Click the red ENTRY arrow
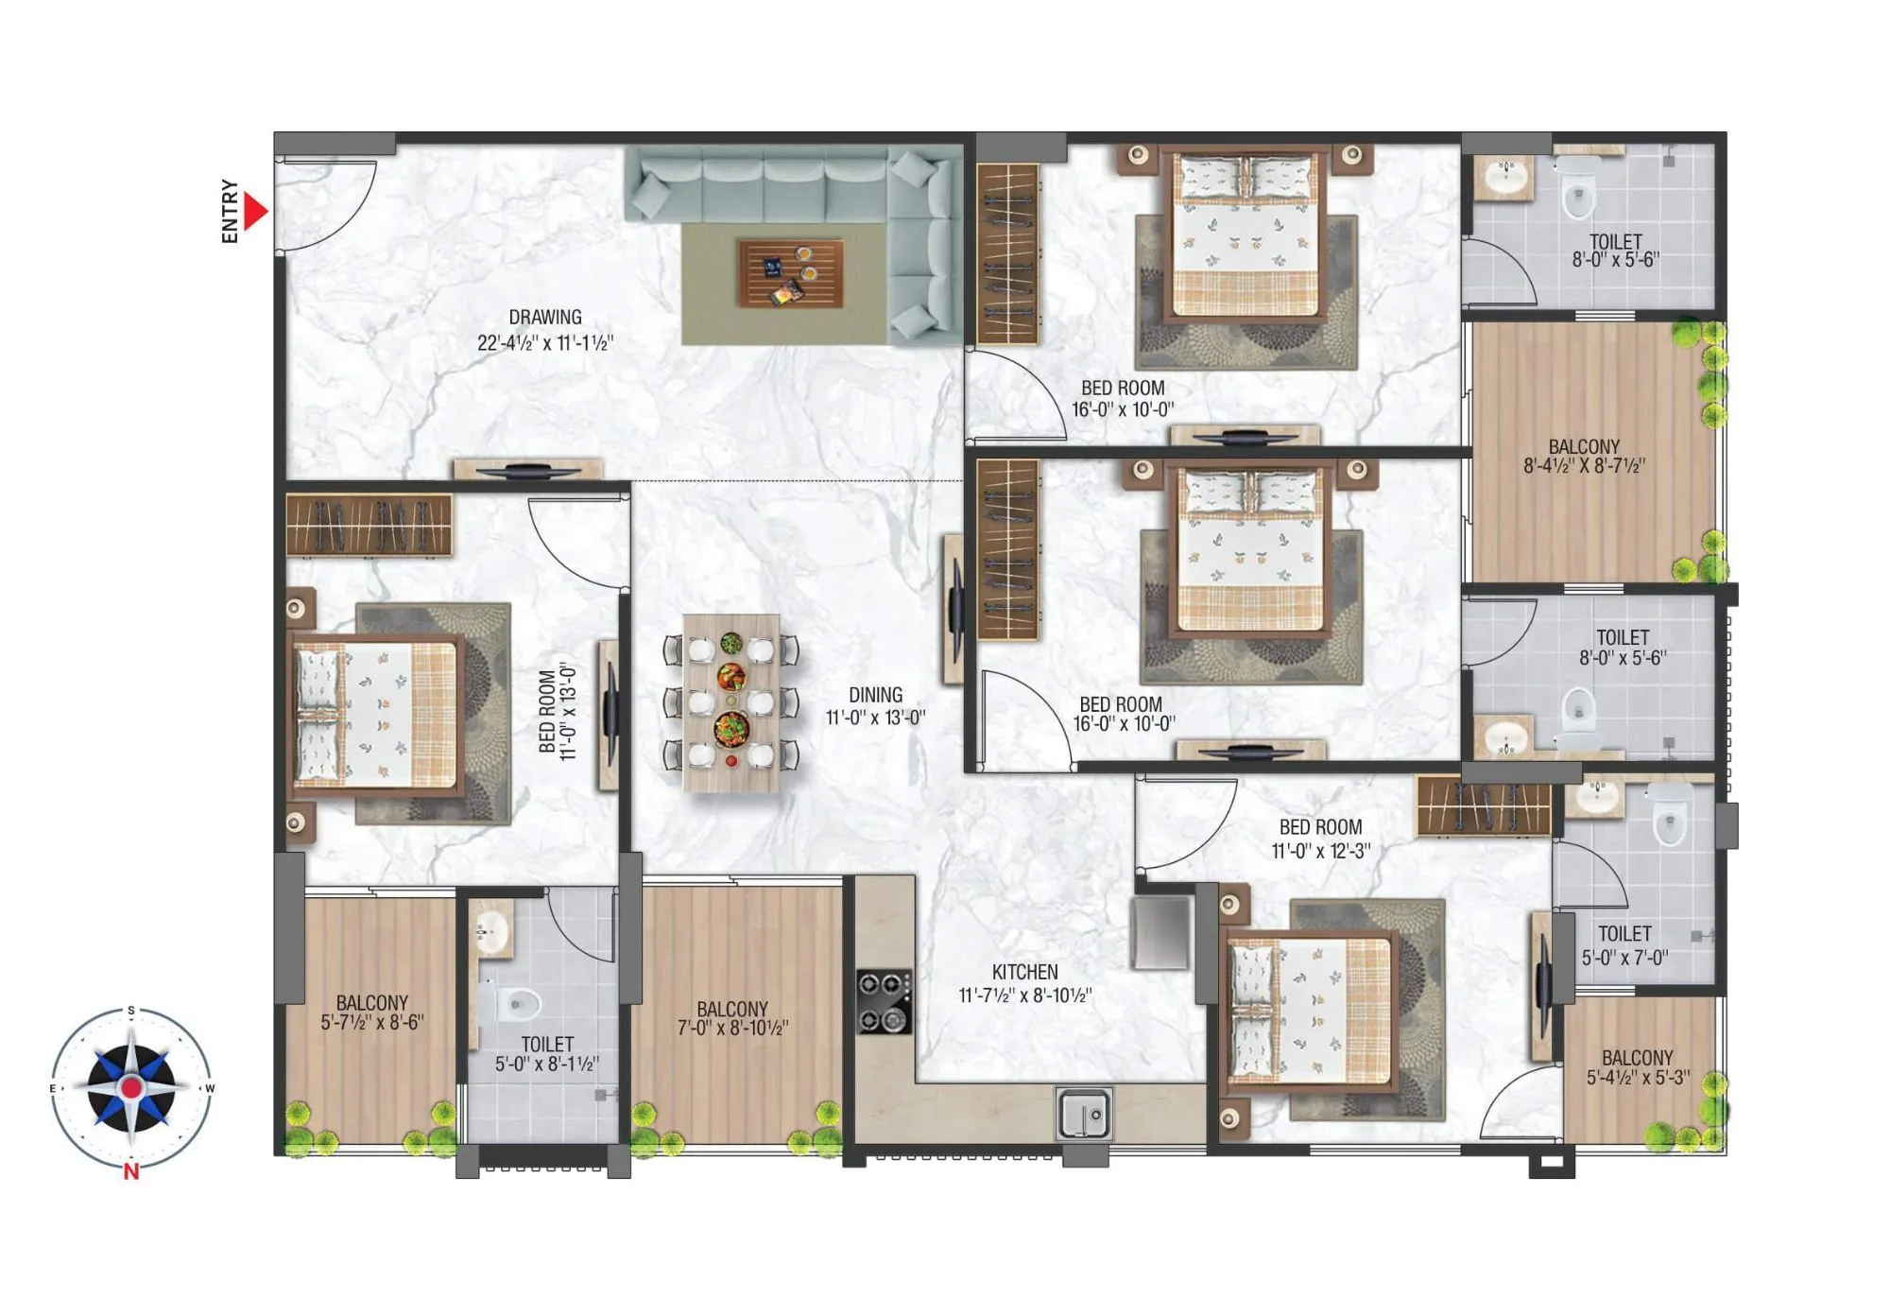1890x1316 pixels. pyautogui.click(x=254, y=211)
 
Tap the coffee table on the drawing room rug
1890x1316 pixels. pyautogui.click(x=790, y=273)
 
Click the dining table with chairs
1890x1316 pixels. pyautogui.click(x=731, y=702)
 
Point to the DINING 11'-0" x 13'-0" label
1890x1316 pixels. pyautogui.click(x=875, y=706)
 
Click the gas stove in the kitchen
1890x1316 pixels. pyautogui.click(x=884, y=1001)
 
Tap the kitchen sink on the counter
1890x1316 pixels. pyautogui.click(x=1084, y=1114)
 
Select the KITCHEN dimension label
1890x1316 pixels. pyautogui.click(x=1025, y=983)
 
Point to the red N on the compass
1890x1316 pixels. pyautogui.click(x=131, y=1172)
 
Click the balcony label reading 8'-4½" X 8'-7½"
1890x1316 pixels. pyautogui.click(x=1584, y=456)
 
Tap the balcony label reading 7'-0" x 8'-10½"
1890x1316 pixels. pyautogui.click(x=732, y=1018)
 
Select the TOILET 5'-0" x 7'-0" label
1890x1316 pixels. pyautogui.click(x=1624, y=945)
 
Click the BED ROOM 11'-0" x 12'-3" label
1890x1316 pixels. pyautogui.click(x=1320, y=839)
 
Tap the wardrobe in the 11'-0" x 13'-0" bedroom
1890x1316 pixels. pyautogui.click(x=369, y=526)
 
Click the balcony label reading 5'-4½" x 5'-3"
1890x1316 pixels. pyautogui.click(x=1638, y=1067)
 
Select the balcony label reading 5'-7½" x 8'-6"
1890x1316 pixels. pyautogui.click(x=372, y=1012)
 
